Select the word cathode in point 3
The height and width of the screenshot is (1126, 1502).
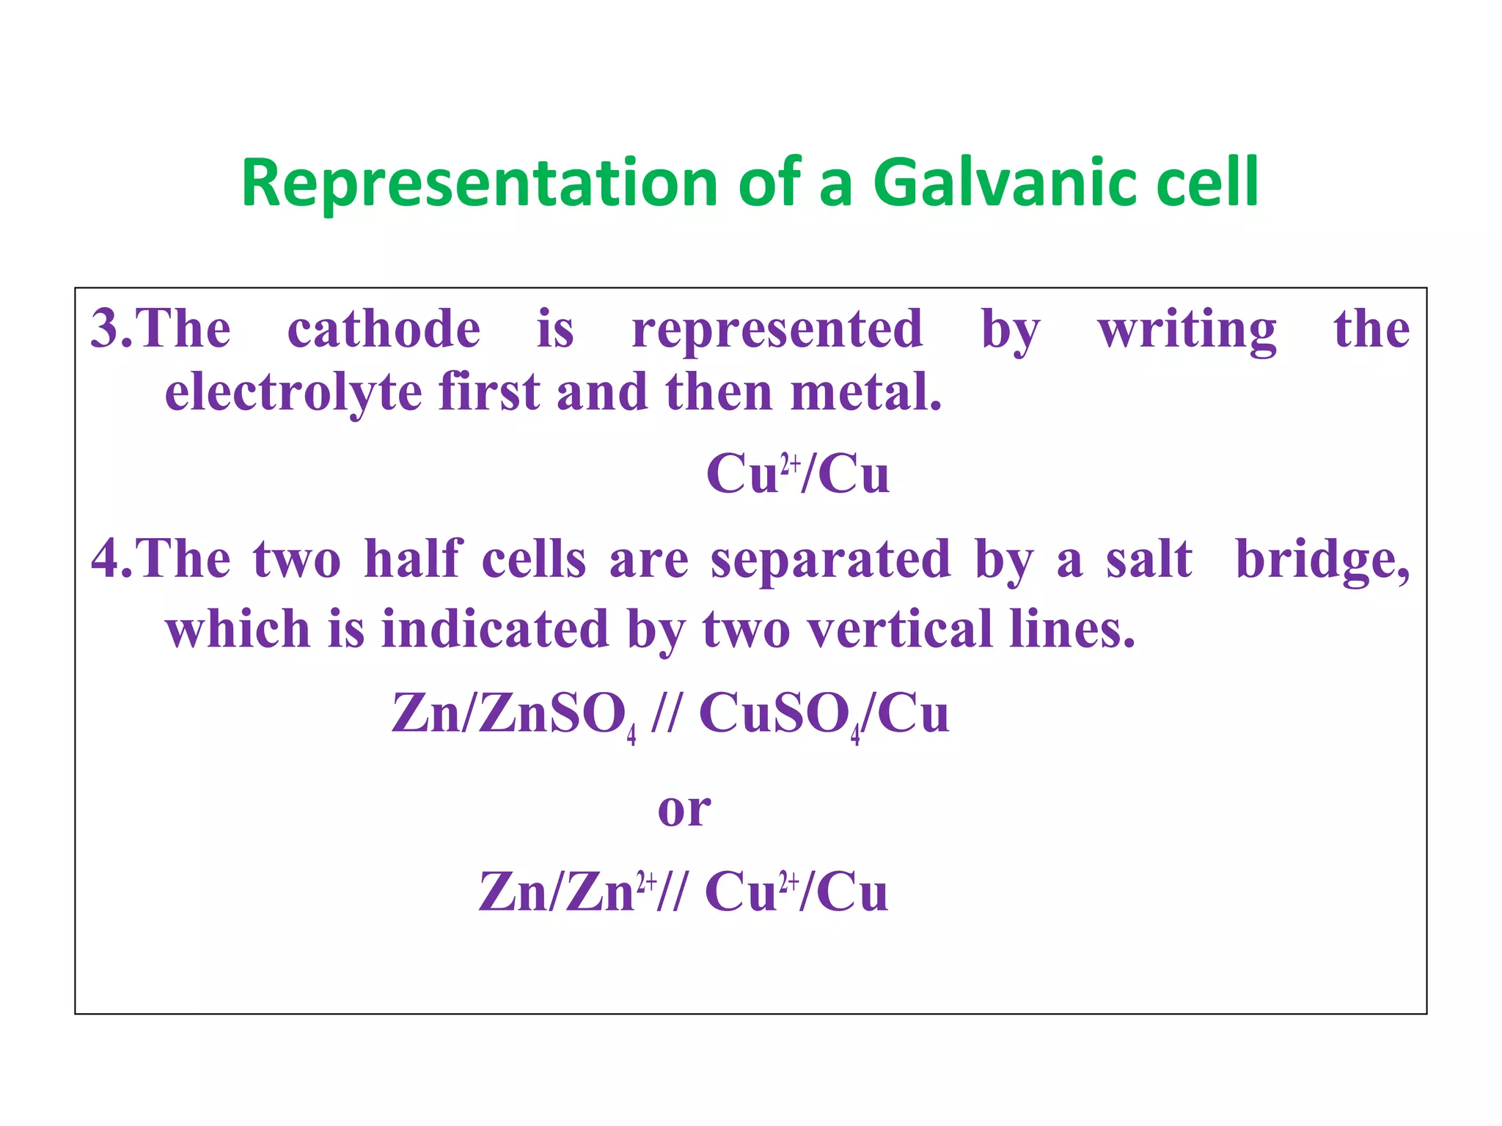[x=384, y=329]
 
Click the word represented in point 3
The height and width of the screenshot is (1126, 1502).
[x=777, y=329]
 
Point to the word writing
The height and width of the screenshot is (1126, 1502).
[x=1187, y=331]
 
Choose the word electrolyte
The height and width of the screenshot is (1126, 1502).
[x=293, y=392]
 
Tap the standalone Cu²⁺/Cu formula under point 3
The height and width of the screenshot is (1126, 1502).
[x=797, y=474]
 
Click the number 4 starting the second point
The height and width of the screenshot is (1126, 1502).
[x=104, y=559]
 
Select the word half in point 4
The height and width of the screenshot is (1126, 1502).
[x=414, y=559]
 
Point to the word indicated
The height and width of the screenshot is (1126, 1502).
[x=495, y=629]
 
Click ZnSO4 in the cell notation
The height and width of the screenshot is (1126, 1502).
[x=557, y=715]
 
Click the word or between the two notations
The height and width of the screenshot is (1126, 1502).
[x=684, y=809]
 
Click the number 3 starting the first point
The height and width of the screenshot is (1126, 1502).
[x=104, y=329]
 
